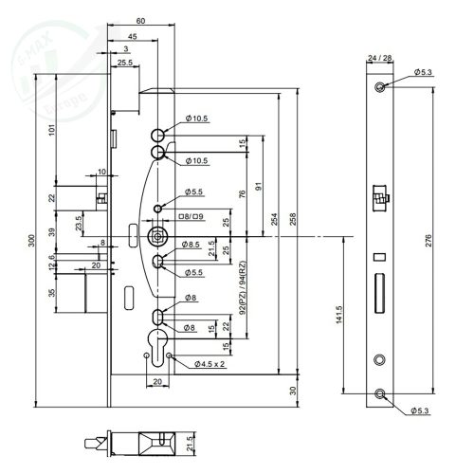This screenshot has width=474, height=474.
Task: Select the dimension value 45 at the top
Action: pyautogui.click(x=131, y=37)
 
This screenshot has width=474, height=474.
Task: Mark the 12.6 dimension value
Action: pyautogui.click(x=51, y=257)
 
